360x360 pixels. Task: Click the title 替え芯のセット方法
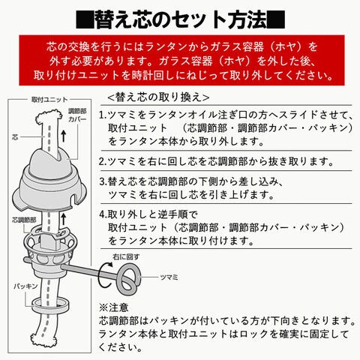point(181,19)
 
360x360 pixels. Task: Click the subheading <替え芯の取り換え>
point(158,97)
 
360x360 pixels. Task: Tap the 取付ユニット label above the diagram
point(49,100)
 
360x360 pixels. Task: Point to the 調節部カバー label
point(77,115)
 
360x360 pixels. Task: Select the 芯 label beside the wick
point(15,137)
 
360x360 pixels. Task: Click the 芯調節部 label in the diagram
point(24,220)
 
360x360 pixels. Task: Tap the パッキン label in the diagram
point(25,286)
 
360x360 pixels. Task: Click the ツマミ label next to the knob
point(169,277)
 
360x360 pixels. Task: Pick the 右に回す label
point(126,256)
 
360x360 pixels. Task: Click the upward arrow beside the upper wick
point(64,136)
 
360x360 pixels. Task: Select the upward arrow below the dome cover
point(64,219)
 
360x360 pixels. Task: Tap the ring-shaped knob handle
point(127,278)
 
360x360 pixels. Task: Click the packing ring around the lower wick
point(50,304)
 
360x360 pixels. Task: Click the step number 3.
point(103,181)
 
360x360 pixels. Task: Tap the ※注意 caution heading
point(113,307)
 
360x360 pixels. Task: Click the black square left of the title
point(85,19)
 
